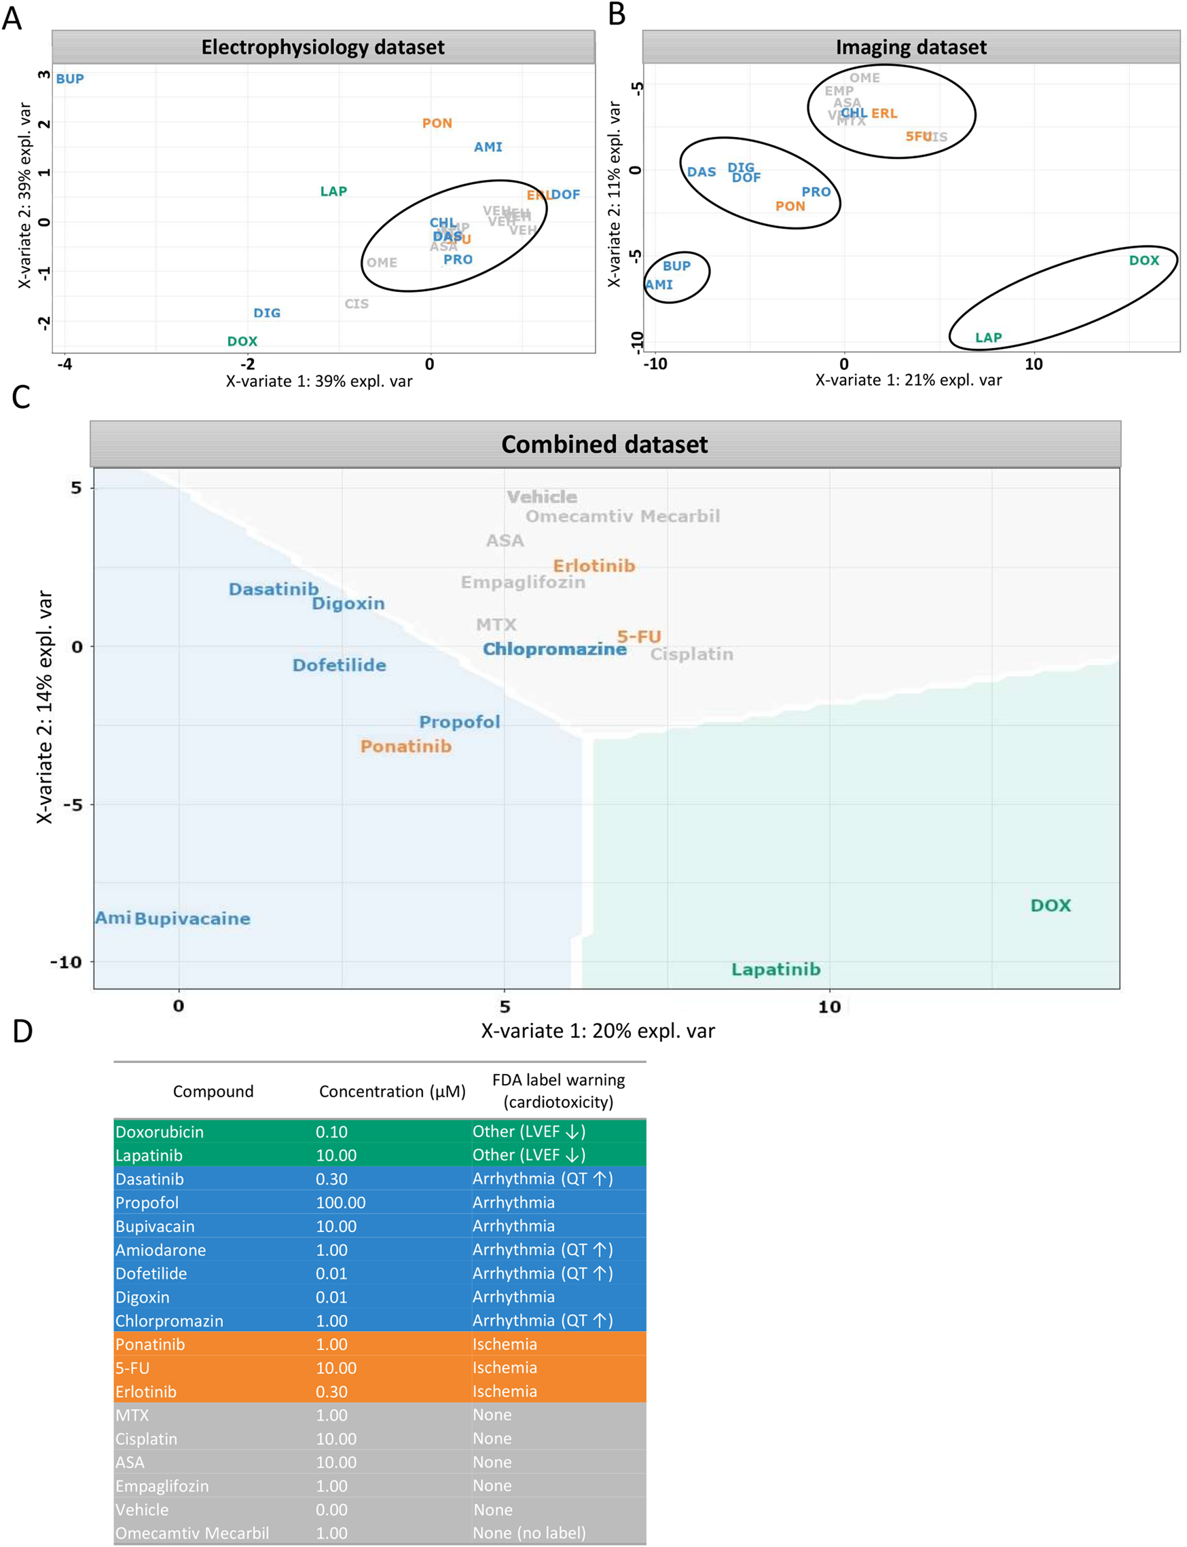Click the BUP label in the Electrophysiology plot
click(x=70, y=79)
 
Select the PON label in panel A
click(x=437, y=124)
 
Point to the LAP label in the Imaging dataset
click(x=988, y=337)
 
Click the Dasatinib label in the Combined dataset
click(x=274, y=589)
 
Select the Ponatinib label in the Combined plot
click(x=405, y=747)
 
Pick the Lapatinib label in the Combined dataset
click(x=775, y=969)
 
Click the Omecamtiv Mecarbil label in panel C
click(x=622, y=517)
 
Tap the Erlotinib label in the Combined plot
click(x=593, y=566)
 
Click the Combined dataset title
click(x=604, y=445)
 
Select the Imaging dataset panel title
click(x=910, y=48)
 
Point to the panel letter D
click(x=22, y=1032)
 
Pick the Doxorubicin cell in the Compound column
click(x=160, y=1132)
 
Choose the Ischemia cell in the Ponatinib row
click(x=505, y=1344)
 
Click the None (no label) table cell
click(x=528, y=1533)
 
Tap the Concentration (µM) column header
click(x=392, y=1092)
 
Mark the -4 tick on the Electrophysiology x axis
click(x=65, y=365)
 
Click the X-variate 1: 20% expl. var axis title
click(x=597, y=1031)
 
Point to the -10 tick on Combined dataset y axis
click(x=66, y=962)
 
